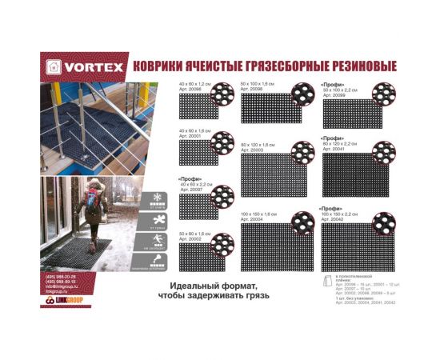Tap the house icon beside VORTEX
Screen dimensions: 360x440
click(54, 66)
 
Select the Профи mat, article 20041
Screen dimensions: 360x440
click(352, 174)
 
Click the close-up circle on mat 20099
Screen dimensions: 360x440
click(383, 94)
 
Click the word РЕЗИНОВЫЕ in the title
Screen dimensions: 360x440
click(354, 66)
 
